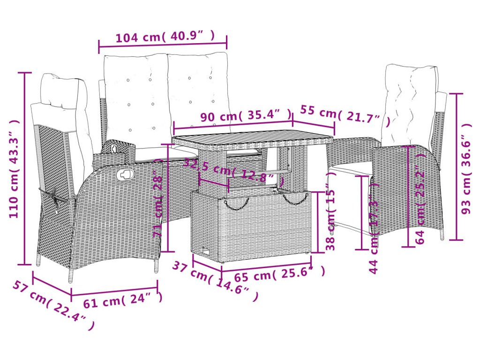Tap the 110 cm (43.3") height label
click(x=14, y=169)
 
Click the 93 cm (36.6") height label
click(x=466, y=169)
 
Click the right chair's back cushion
click(x=409, y=105)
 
